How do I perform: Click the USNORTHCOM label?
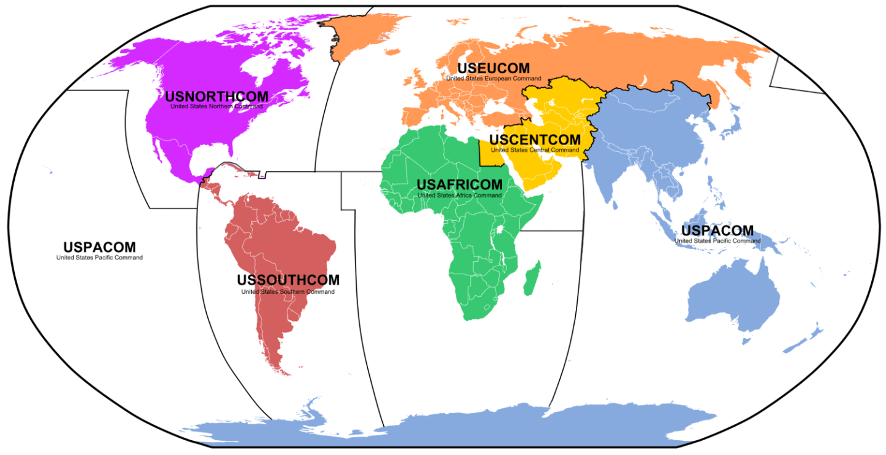click(x=217, y=97)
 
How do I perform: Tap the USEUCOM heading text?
click(x=493, y=68)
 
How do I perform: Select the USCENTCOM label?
click(x=535, y=140)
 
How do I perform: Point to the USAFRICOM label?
click(x=459, y=184)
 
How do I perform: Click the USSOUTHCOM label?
click(x=288, y=280)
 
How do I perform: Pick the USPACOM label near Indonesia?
click(x=717, y=231)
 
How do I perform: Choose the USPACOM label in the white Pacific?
click(x=99, y=247)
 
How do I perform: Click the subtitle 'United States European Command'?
click(x=493, y=79)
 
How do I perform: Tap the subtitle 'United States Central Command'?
click(x=535, y=150)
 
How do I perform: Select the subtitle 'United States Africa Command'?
click(x=459, y=196)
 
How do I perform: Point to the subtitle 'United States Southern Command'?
click(x=288, y=291)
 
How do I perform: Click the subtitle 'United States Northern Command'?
click(x=217, y=106)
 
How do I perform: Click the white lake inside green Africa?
click(x=500, y=229)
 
